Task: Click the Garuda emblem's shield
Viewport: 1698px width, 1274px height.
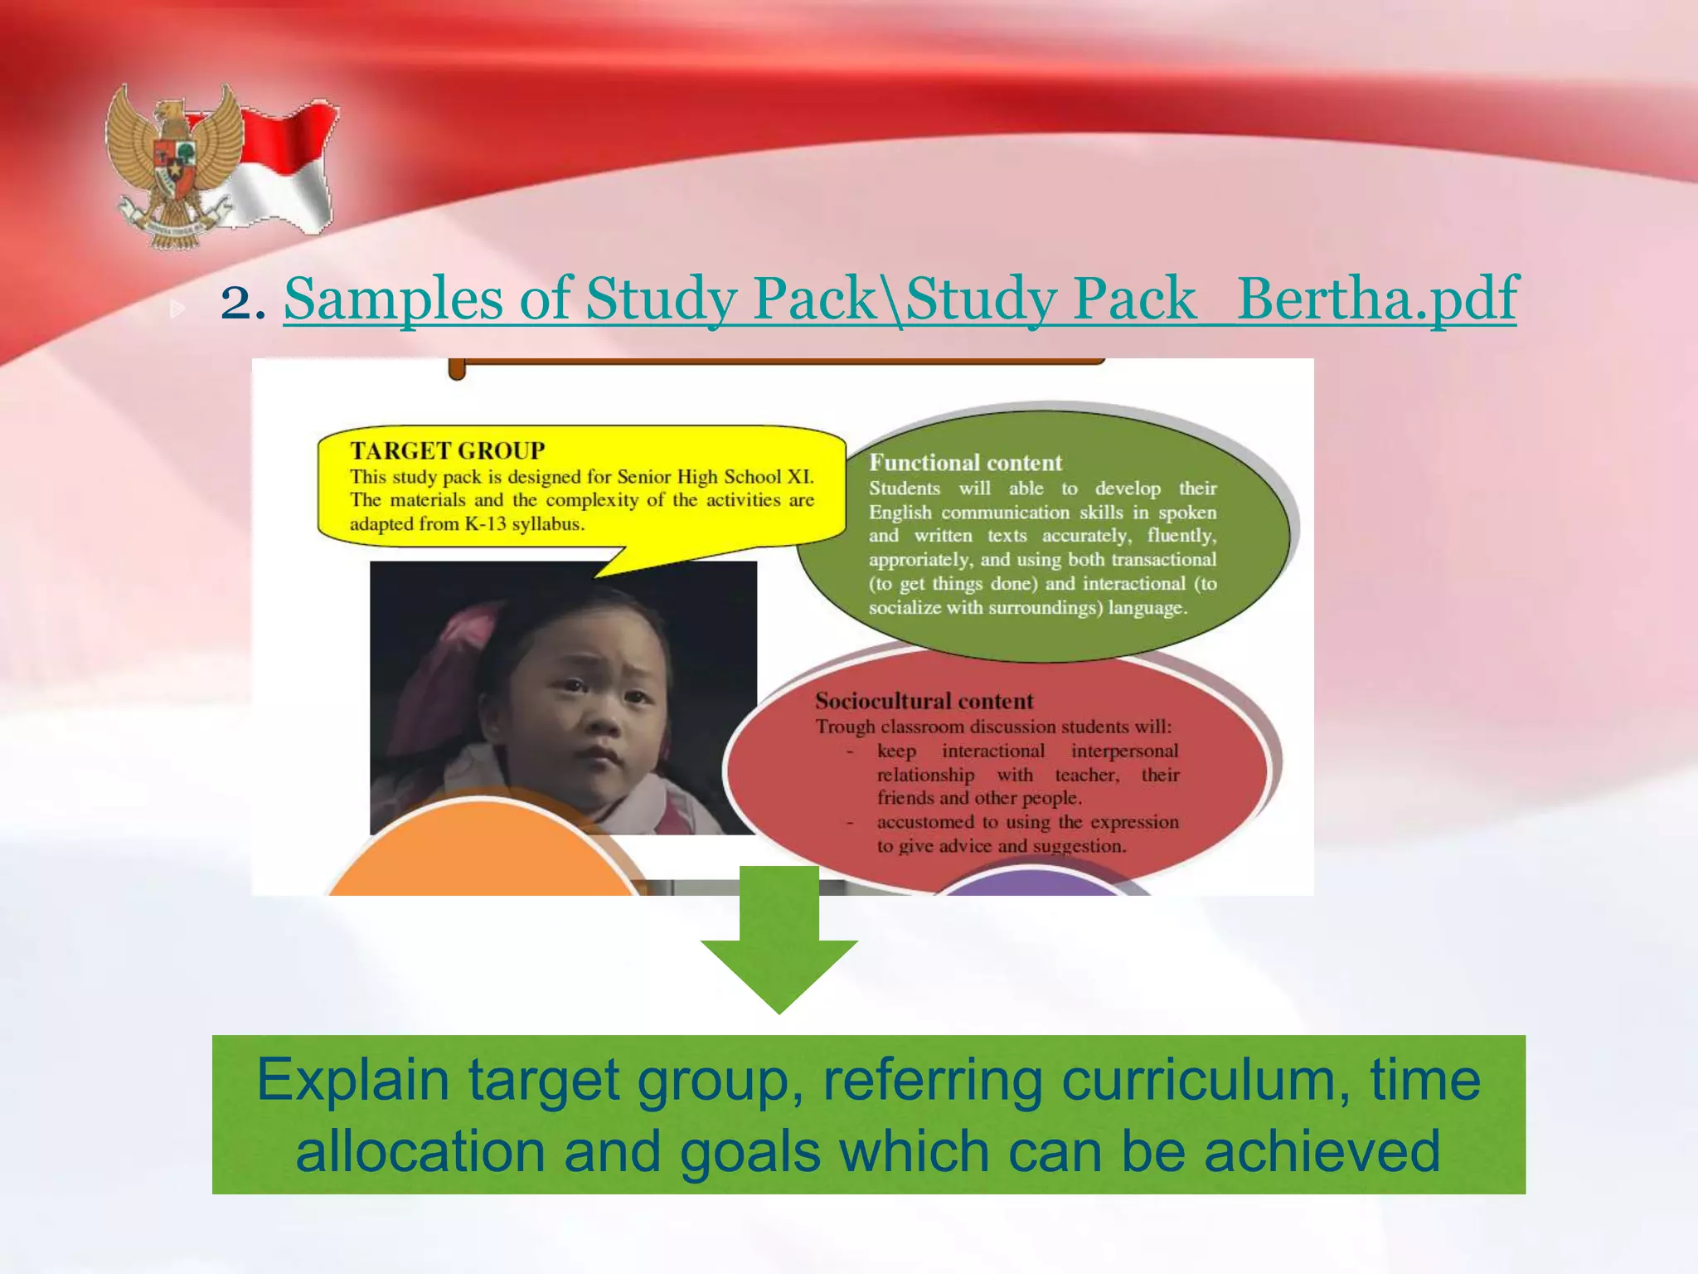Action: [173, 158]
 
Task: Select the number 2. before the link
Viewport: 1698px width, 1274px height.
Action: [242, 300]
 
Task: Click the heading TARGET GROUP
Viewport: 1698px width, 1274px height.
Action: [447, 450]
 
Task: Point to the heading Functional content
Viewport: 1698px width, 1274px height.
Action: [965, 463]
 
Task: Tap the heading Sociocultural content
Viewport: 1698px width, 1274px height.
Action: [924, 702]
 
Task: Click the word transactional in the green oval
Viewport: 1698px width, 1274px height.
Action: [1163, 560]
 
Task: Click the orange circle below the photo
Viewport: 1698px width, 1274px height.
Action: [481, 854]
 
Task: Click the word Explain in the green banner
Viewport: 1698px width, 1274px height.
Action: [352, 1080]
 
